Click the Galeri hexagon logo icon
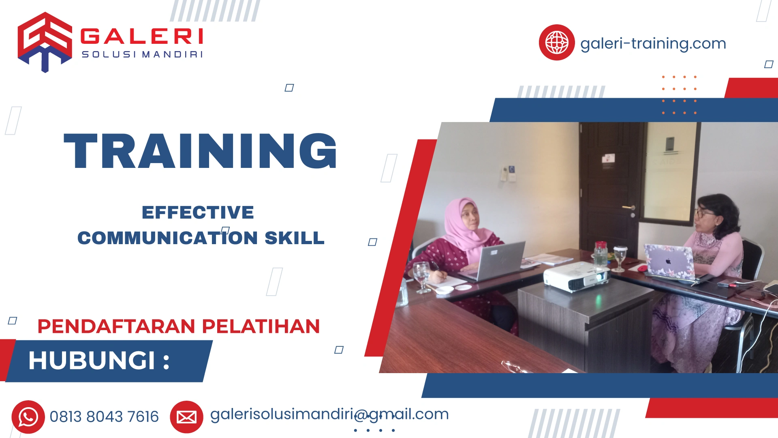(45, 42)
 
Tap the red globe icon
(556, 43)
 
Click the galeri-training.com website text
(653, 43)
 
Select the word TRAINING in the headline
(200, 151)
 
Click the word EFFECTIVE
(198, 213)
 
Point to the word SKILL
(294, 238)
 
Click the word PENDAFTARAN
(117, 326)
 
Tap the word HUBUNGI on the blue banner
(92, 360)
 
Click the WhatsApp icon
(28, 417)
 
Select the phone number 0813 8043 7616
(104, 417)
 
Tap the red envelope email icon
(186, 417)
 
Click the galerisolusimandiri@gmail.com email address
(329, 414)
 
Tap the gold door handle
(629, 208)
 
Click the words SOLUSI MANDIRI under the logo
(142, 54)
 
